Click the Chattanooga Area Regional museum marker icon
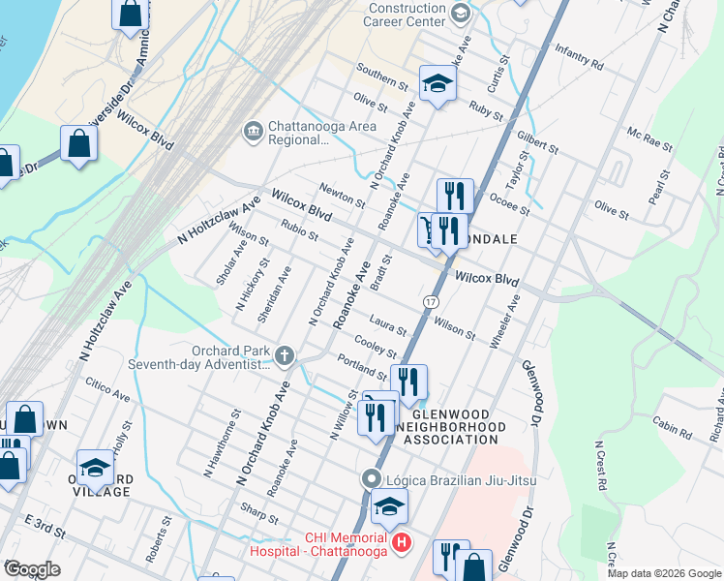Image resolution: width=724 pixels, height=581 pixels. click(253, 131)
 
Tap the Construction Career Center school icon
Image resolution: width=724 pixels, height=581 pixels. click(460, 13)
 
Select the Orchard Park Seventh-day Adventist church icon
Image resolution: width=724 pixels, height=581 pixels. click(285, 356)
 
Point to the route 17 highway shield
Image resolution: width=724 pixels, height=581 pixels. click(429, 303)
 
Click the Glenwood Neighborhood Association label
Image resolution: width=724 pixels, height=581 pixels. click(451, 425)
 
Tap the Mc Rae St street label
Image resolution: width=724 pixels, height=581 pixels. click(649, 138)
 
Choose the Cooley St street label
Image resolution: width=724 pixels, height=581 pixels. click(377, 346)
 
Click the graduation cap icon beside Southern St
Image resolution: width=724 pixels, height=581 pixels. click(437, 84)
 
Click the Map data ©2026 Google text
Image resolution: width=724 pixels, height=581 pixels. click(664, 573)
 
